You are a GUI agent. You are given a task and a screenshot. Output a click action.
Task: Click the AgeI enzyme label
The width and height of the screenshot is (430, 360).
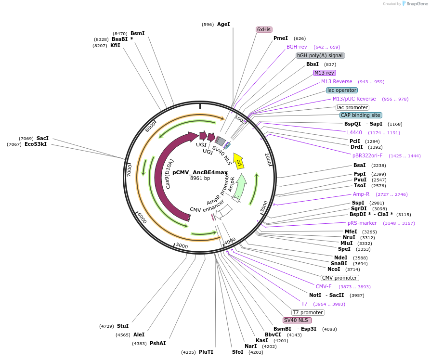point(223,24)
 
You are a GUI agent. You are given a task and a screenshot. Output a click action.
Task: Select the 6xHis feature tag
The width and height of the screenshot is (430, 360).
point(264,29)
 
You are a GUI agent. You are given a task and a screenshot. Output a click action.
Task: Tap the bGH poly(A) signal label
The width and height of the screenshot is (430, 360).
point(320,55)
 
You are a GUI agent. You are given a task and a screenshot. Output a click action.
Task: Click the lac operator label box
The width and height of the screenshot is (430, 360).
point(342,90)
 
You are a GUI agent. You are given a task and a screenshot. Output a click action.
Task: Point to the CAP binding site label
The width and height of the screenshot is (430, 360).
point(361,115)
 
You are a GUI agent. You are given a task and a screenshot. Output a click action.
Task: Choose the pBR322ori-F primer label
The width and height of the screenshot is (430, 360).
point(367,155)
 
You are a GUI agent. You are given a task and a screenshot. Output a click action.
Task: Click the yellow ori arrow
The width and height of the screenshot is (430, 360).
point(238,161)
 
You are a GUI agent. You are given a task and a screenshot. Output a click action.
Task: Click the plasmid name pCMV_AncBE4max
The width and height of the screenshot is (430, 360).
point(200,172)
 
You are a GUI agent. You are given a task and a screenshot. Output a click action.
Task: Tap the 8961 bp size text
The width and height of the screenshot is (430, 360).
point(200,178)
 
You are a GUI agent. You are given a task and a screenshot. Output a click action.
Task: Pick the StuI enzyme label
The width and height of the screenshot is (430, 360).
point(123,326)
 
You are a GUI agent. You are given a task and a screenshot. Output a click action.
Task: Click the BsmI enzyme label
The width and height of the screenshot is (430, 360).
point(137,33)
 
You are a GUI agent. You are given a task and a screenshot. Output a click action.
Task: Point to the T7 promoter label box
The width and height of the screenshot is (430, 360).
point(308,312)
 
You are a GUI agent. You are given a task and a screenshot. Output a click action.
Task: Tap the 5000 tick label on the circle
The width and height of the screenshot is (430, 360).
point(182,245)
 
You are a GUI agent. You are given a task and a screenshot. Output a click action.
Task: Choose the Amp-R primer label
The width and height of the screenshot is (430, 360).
point(361,194)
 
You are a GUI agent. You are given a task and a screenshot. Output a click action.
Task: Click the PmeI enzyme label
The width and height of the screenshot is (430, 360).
point(281,38)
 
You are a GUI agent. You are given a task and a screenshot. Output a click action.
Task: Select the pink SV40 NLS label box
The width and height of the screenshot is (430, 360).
point(297,320)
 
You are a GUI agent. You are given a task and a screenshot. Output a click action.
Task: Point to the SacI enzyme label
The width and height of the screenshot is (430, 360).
point(42,138)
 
